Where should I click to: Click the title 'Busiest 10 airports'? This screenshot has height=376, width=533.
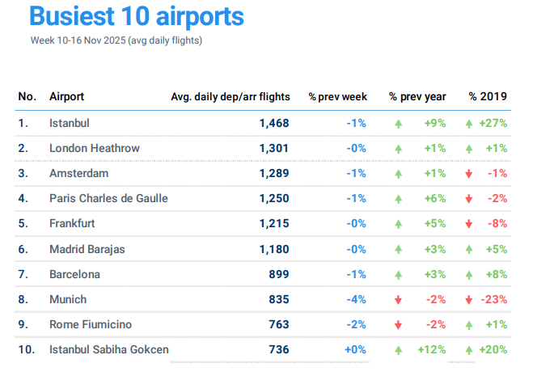tap(136, 16)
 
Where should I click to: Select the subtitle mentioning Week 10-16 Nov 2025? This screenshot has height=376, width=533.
tap(116, 40)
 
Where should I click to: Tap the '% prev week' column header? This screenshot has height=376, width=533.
tap(337, 97)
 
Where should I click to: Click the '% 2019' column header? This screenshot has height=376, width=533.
tap(488, 97)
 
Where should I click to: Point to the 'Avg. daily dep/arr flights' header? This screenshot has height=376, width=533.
tap(230, 97)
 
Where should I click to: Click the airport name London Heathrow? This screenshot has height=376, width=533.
tap(95, 149)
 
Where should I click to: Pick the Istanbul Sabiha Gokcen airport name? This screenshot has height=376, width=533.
tap(109, 349)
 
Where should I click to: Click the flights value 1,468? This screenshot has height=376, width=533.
tap(274, 124)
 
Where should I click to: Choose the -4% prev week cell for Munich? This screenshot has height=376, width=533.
tap(356, 299)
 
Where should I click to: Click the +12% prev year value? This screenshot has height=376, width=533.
tap(432, 349)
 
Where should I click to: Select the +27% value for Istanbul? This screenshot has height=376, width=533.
tap(493, 124)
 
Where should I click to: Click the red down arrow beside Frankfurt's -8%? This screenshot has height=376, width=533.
tap(469, 224)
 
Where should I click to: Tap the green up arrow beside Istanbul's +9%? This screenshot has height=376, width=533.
tap(398, 124)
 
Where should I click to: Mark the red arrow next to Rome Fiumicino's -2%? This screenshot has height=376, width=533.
tap(398, 324)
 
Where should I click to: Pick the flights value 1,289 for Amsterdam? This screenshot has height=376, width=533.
tap(274, 174)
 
